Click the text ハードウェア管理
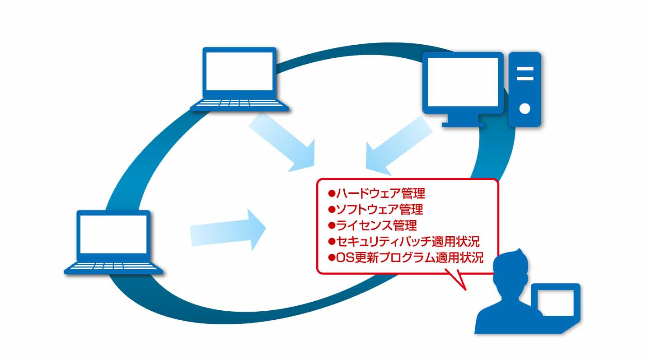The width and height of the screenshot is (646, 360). pos(380,194)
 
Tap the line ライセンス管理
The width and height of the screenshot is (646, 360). pos(376,225)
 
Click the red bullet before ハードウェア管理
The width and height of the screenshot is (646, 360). pos(331,193)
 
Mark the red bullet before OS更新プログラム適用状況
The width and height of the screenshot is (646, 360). pos(331,257)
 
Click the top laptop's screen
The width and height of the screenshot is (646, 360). pos(239,71)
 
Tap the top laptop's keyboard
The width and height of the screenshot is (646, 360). pos(239,104)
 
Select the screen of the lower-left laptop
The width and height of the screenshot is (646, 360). pos(113,234)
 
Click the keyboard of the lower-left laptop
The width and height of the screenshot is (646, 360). pos(113,267)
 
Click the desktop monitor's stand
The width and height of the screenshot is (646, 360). pos(463,121)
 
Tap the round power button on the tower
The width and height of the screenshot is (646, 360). pos(524,108)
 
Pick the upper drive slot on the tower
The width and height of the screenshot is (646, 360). pos(524,69)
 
